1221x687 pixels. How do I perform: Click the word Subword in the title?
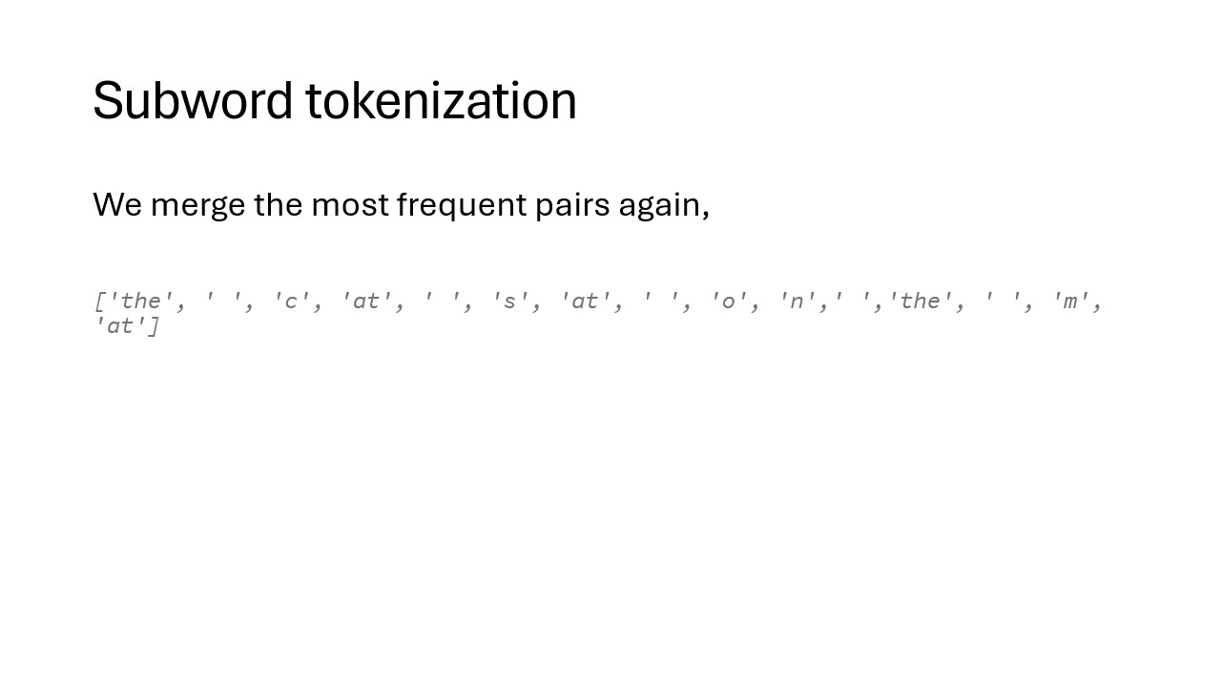(193, 100)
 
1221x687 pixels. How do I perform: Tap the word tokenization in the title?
(441, 100)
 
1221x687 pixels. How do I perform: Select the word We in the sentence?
(117, 205)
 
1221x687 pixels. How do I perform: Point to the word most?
(350, 205)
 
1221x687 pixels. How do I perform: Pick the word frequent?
(462, 206)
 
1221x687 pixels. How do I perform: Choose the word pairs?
(572, 206)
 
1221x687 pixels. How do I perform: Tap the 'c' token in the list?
(292, 301)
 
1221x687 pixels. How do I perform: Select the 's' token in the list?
(509, 301)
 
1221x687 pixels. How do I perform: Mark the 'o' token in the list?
(728, 301)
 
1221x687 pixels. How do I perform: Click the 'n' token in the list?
(797, 301)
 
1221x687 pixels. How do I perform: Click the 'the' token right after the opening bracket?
(140, 301)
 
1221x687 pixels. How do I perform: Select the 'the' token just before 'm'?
(921, 301)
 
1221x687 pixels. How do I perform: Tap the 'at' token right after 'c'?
(366, 301)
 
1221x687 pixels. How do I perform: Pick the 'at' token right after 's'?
(585, 301)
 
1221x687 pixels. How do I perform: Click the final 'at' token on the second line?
(121, 325)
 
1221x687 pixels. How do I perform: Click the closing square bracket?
(154, 326)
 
